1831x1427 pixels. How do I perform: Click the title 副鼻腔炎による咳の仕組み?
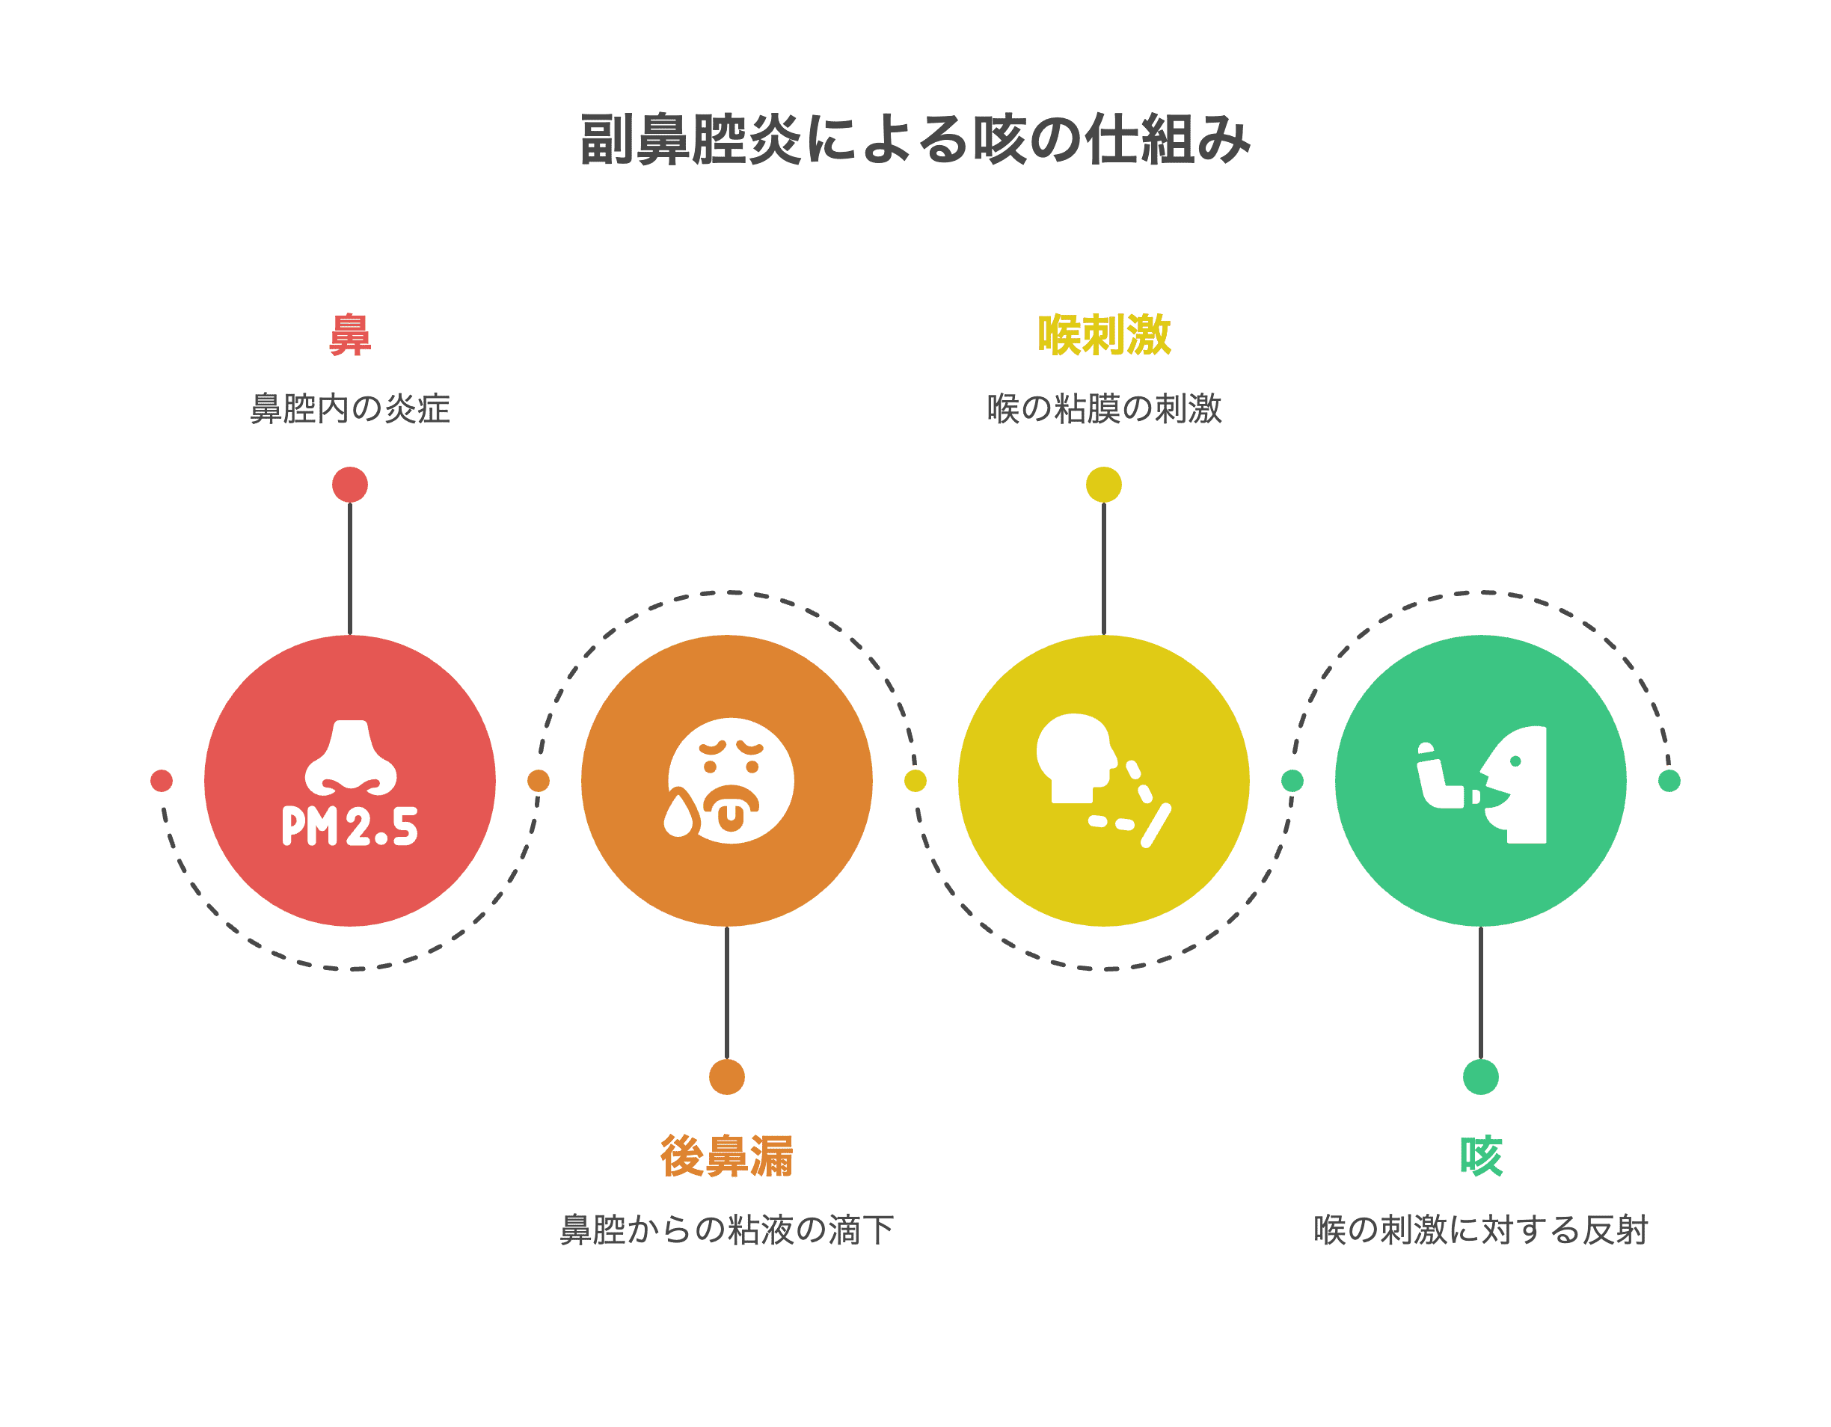click(x=915, y=139)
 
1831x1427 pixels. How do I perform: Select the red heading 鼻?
click(x=349, y=335)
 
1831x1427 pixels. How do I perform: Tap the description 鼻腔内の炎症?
click(x=349, y=409)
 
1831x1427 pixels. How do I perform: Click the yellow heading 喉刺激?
click(x=1103, y=335)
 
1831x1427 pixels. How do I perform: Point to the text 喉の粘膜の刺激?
click(x=1103, y=409)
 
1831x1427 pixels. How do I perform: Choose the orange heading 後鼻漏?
click(x=726, y=1156)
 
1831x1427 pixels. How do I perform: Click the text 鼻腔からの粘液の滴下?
click(x=726, y=1230)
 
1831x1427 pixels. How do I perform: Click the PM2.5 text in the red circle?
click(x=349, y=826)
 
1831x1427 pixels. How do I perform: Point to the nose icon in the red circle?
click(x=351, y=757)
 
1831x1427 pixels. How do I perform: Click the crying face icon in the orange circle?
click(x=729, y=780)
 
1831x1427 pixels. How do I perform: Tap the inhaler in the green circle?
click(x=1442, y=776)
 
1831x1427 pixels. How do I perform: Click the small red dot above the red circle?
click(x=349, y=485)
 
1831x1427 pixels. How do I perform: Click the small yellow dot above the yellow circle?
click(x=1103, y=485)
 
